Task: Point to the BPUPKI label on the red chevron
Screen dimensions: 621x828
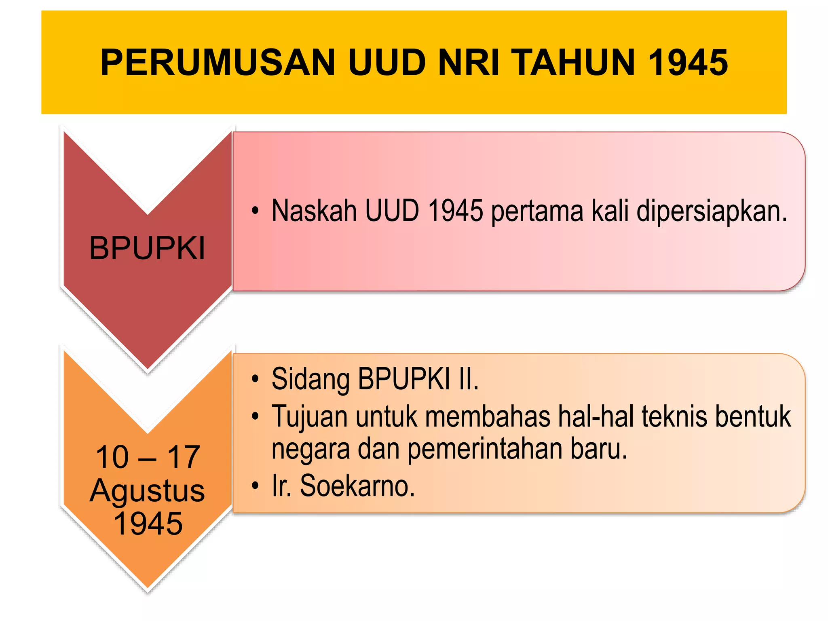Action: pyautogui.click(x=147, y=248)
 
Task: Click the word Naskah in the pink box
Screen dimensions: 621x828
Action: pyautogui.click(x=314, y=211)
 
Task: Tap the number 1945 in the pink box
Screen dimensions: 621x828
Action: pyautogui.click(x=455, y=211)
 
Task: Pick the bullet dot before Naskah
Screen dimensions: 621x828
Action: pyautogui.click(x=255, y=211)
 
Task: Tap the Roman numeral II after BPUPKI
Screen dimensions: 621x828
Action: pyautogui.click(x=468, y=379)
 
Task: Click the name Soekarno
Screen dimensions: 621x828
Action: pyautogui.click(x=357, y=486)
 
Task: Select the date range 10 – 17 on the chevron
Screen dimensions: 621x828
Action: pyautogui.click(x=148, y=457)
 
